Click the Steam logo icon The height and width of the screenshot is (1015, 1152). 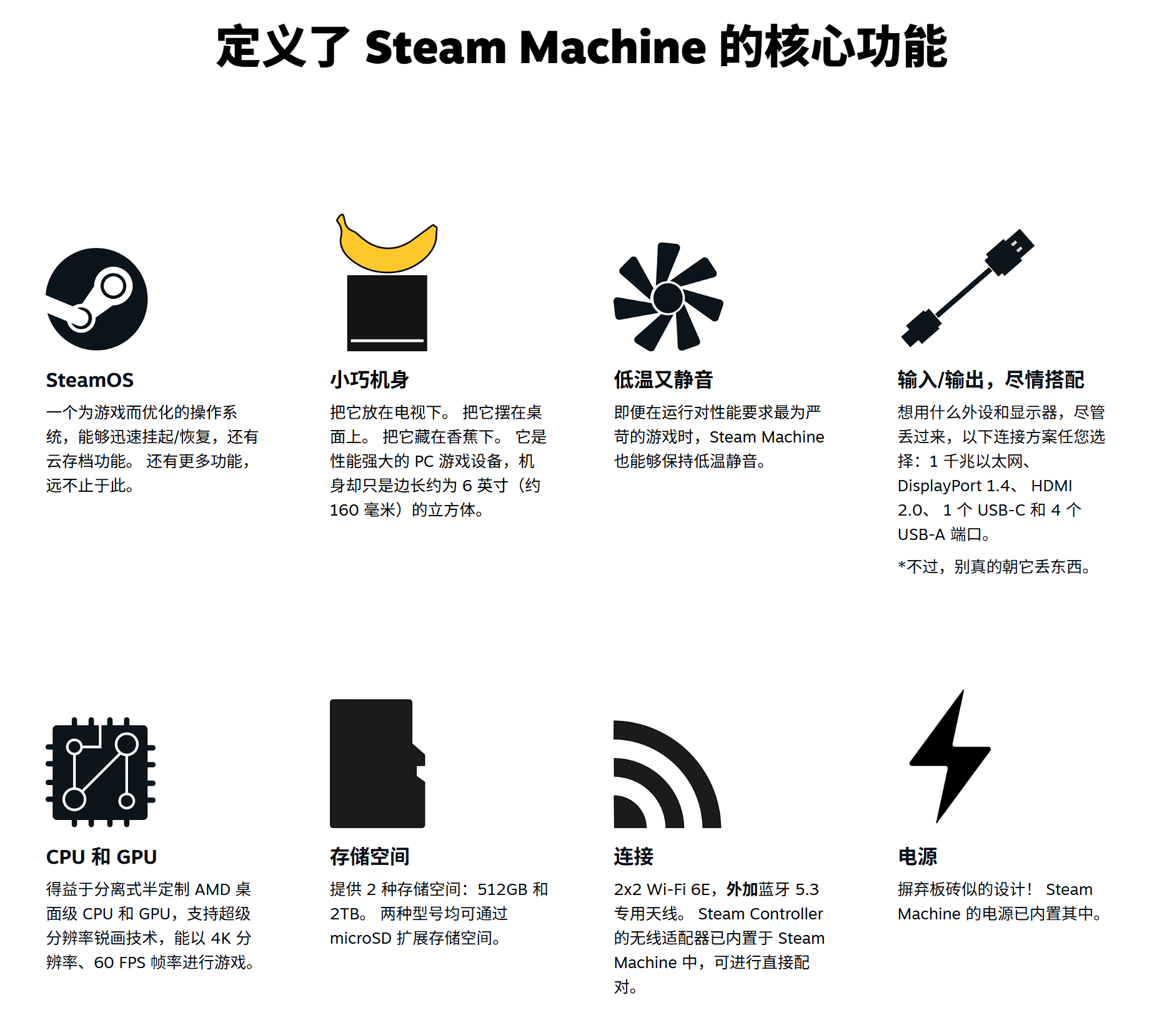(x=97, y=299)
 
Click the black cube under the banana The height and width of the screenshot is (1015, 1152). (x=387, y=313)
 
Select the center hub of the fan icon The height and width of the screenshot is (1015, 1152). (x=668, y=298)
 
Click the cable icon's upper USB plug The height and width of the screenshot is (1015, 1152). (x=1010, y=251)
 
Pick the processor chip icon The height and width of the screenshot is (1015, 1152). (x=101, y=772)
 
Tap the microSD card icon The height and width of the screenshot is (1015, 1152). (x=377, y=764)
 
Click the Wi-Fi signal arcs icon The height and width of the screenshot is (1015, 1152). (x=667, y=774)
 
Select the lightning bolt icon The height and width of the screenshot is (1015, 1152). (x=950, y=756)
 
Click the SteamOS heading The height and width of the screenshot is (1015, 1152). (x=90, y=380)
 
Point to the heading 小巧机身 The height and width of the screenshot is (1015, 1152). (x=369, y=380)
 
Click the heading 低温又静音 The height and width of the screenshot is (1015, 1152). (x=663, y=380)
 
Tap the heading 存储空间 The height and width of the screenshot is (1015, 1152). (x=370, y=857)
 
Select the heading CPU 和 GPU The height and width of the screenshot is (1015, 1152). (x=102, y=857)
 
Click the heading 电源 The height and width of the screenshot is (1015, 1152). (x=918, y=857)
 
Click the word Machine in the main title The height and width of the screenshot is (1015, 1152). (x=613, y=47)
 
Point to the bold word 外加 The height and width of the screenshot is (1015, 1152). (x=742, y=889)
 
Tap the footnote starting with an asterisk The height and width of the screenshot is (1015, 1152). (x=995, y=567)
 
